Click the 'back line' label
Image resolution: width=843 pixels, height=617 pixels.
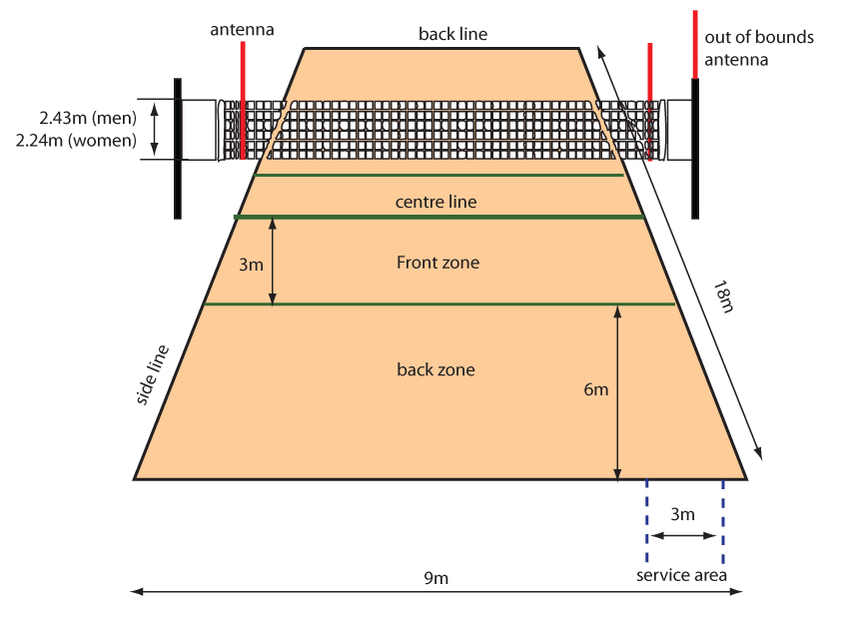[452, 34]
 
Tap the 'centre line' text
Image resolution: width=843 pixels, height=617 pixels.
[435, 202]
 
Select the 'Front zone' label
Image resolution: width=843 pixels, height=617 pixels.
[437, 263]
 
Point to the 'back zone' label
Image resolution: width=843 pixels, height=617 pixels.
[435, 369]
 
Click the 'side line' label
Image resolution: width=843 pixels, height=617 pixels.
[153, 375]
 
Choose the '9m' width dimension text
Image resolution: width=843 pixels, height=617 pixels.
[435, 577]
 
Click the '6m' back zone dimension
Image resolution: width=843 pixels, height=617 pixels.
[595, 389]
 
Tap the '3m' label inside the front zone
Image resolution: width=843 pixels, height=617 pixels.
[251, 265]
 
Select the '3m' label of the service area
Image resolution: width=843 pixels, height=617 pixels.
[682, 515]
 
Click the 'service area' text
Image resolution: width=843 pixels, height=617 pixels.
[682, 575]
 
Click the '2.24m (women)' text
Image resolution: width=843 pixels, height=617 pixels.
[76, 140]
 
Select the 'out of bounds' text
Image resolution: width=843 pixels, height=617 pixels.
[759, 37]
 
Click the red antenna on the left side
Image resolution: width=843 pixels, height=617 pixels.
[243, 100]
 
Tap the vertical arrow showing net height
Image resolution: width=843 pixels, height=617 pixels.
[154, 129]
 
